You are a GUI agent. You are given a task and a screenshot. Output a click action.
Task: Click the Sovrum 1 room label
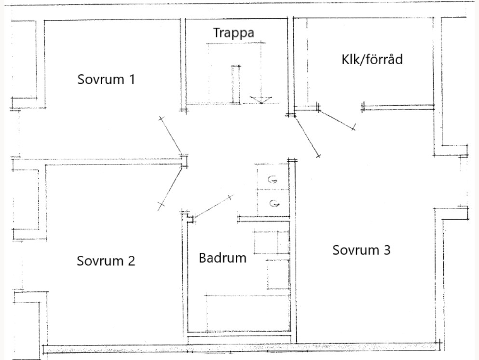(x=106, y=80)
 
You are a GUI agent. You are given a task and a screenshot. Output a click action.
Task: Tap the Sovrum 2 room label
(x=106, y=261)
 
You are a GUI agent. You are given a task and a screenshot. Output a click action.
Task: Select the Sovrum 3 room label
(x=361, y=250)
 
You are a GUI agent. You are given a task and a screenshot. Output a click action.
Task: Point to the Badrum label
(x=222, y=258)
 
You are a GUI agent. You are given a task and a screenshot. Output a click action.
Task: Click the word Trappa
(x=233, y=33)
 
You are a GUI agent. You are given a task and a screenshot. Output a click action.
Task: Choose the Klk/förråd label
(x=372, y=59)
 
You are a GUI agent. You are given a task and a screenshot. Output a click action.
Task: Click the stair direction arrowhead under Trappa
(x=261, y=99)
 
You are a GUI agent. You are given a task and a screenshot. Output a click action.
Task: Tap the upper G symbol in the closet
(x=273, y=180)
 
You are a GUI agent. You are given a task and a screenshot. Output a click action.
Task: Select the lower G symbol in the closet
(x=274, y=203)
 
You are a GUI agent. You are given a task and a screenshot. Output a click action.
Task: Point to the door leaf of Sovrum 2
(x=170, y=188)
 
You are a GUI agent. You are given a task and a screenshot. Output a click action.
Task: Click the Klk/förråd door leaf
(x=337, y=120)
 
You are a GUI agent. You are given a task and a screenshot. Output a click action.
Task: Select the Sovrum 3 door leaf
(x=307, y=136)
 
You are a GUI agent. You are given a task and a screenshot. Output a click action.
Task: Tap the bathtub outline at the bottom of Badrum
(x=247, y=313)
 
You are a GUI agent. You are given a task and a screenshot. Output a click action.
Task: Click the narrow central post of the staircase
(x=236, y=84)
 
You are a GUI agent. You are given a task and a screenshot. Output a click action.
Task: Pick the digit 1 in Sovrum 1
(x=132, y=80)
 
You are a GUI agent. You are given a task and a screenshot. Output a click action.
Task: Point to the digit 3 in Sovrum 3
(x=387, y=250)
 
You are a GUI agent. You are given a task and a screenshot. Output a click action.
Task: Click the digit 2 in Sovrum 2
(x=131, y=261)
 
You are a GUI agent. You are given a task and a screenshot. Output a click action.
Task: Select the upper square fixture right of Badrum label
(x=271, y=241)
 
